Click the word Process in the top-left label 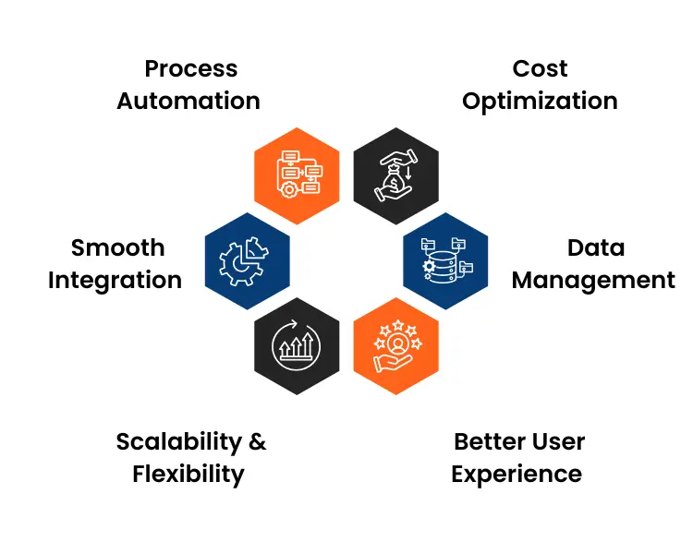pyautogui.click(x=190, y=69)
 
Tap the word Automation pyautogui.click(x=188, y=101)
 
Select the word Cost pyautogui.click(x=540, y=69)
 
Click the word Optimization pyautogui.click(x=540, y=101)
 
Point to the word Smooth pyautogui.click(x=117, y=248)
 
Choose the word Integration pyautogui.click(x=115, y=280)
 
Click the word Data pyautogui.click(x=596, y=248)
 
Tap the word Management pyautogui.click(x=593, y=280)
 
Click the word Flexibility pyautogui.click(x=188, y=475)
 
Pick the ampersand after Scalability pyautogui.click(x=257, y=442)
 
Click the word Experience pyautogui.click(x=517, y=475)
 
